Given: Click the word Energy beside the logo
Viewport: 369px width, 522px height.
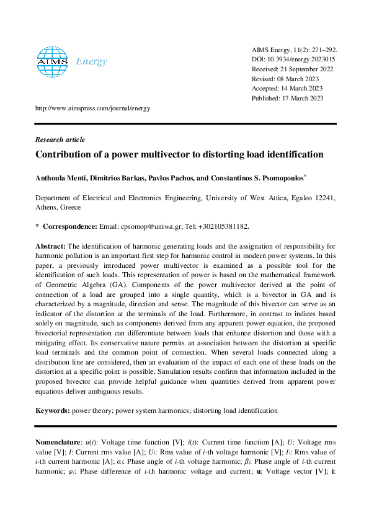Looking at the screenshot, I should (91, 61).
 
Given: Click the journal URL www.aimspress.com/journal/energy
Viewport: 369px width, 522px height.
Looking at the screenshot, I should (93, 108).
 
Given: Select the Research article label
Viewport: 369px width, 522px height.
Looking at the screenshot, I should (60, 140).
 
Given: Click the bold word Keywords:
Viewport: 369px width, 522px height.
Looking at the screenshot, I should (53, 410).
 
